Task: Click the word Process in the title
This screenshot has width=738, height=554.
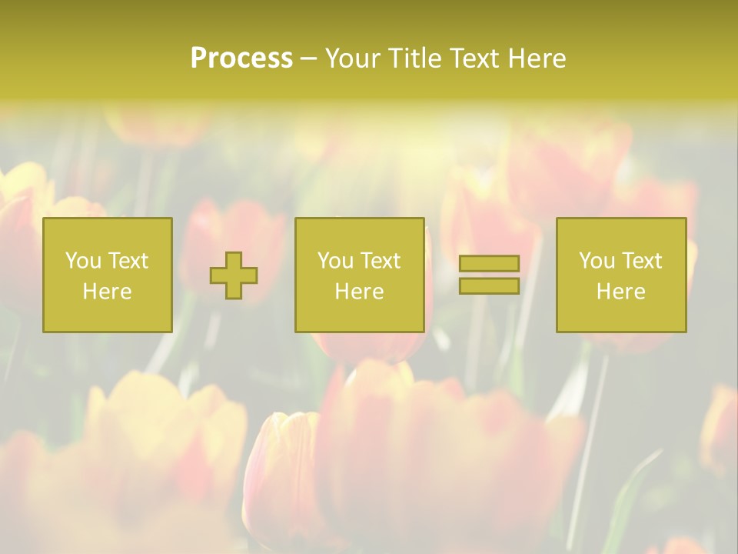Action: pyautogui.click(x=241, y=58)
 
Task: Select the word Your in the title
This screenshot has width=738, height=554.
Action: pyautogui.click(x=352, y=58)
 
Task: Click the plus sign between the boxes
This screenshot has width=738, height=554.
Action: pyautogui.click(x=234, y=275)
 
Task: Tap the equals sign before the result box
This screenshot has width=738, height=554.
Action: pyautogui.click(x=489, y=275)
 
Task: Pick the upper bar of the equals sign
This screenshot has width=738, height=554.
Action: pyautogui.click(x=489, y=264)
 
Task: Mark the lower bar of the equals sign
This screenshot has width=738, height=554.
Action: pyautogui.click(x=489, y=285)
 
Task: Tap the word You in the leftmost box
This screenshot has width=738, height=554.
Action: pyautogui.click(x=83, y=261)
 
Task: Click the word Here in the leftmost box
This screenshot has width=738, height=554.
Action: pyautogui.click(x=108, y=292)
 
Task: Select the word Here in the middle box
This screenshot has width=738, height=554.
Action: pyautogui.click(x=360, y=292)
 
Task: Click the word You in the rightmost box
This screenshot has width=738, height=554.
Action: pyautogui.click(x=597, y=261)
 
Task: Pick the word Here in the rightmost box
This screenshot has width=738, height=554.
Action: pyautogui.click(x=621, y=292)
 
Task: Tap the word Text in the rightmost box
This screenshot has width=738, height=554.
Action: pyautogui.click(x=641, y=261)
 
